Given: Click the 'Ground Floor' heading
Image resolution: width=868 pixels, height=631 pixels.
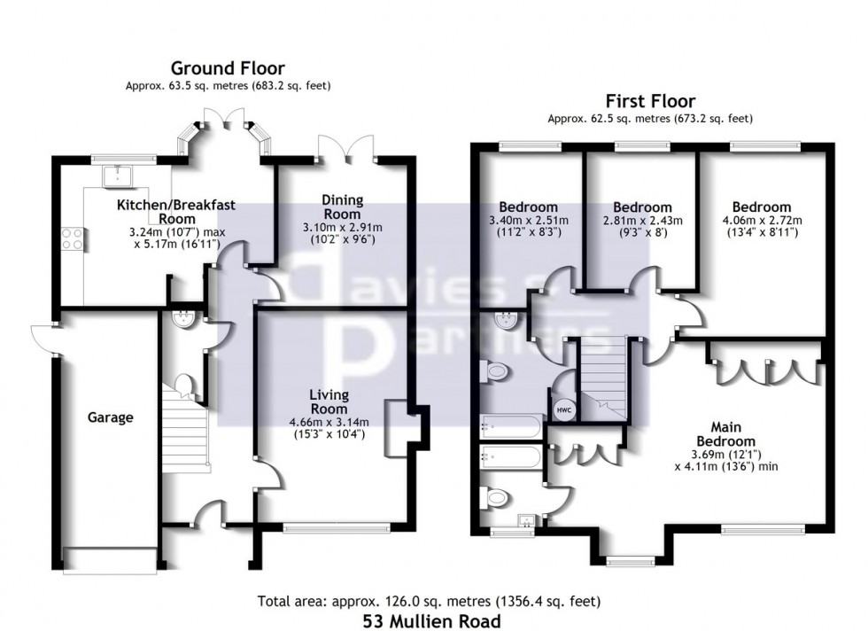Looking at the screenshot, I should (x=228, y=68).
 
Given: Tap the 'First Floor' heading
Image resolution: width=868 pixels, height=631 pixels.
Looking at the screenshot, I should (x=650, y=102).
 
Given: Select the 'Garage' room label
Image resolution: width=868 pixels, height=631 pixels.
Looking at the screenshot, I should (x=110, y=417).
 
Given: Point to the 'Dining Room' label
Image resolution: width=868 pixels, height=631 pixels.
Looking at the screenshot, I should (x=342, y=207).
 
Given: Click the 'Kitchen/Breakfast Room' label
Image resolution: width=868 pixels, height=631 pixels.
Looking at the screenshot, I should (x=177, y=212).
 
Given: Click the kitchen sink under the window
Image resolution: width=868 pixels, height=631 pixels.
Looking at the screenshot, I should (x=115, y=175).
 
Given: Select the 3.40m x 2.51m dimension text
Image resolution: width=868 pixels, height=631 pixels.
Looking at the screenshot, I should (x=528, y=221).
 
